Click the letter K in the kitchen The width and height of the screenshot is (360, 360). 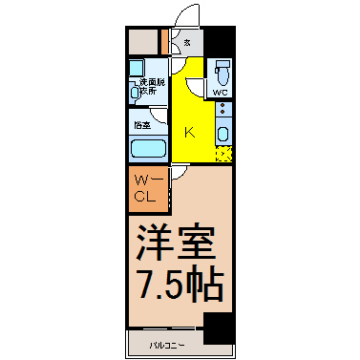coord(189,133)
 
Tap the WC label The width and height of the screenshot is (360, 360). coord(221,93)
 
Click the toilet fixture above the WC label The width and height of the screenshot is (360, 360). coord(222,72)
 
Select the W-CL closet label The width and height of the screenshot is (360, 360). coord(146,188)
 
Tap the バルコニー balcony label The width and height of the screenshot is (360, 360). coord(167,342)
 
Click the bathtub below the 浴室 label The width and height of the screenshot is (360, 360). coord(147,149)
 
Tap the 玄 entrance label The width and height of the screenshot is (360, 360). coord(186,42)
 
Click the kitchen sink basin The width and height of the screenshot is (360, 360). coord(222,131)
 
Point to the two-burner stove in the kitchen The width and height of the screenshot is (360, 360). coord(222,110)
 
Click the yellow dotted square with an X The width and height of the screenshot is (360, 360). coord(224,153)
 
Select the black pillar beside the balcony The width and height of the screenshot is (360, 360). coord(220,330)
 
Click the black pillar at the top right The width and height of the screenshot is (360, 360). coord(221,42)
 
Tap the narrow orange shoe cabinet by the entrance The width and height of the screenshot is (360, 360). coord(164,42)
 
